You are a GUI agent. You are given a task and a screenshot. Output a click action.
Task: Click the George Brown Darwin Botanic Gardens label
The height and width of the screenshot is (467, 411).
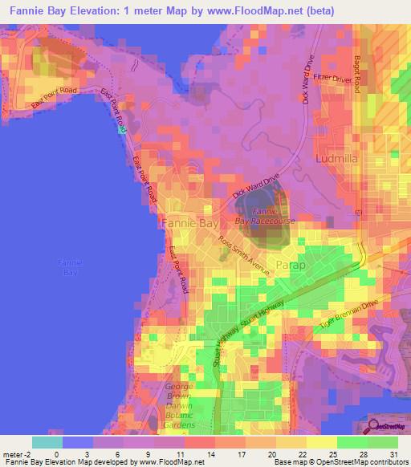click(x=179, y=404)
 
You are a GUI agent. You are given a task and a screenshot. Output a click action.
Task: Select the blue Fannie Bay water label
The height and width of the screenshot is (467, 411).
click(x=71, y=267)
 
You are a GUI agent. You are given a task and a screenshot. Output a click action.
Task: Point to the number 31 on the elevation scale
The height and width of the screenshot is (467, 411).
click(x=393, y=453)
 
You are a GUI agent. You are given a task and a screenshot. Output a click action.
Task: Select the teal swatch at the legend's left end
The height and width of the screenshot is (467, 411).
click(x=47, y=442)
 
